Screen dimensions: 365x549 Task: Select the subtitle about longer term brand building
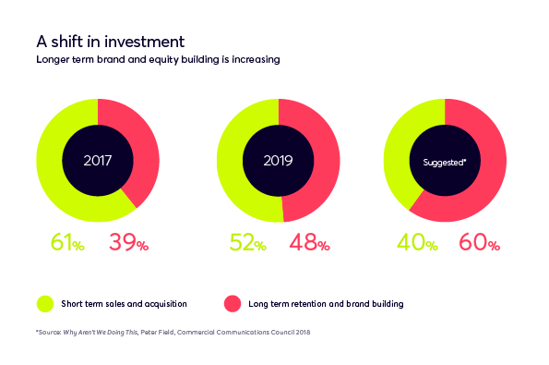click(158, 59)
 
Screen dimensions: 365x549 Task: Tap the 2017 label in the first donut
click(98, 160)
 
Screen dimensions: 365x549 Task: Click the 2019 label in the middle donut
click(278, 160)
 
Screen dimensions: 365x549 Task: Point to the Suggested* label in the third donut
click(444, 161)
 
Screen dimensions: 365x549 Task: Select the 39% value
click(128, 243)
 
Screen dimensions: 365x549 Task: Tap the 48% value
click(309, 243)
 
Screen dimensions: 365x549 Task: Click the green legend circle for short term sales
click(45, 303)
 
